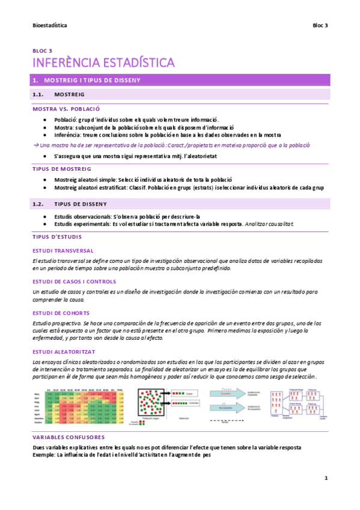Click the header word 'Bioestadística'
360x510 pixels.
[49, 26]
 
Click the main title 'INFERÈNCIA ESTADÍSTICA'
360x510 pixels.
[103, 63]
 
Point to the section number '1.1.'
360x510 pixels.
[39, 95]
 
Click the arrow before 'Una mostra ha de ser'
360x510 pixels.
[35, 146]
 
